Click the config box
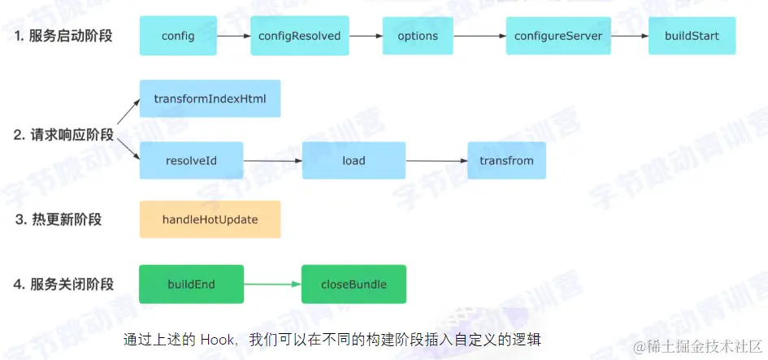178,36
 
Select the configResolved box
300,36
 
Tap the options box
418,36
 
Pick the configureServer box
558,36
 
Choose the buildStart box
692,36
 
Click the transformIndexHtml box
210,98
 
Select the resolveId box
192,161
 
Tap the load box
354,161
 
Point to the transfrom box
506,161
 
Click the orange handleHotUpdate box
210,219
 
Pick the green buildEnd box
192,284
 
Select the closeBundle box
354,284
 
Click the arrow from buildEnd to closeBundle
272,284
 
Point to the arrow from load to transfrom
436,161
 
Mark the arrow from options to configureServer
479,36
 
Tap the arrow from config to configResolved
233,36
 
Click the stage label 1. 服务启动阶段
63,37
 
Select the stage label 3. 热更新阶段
59,219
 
